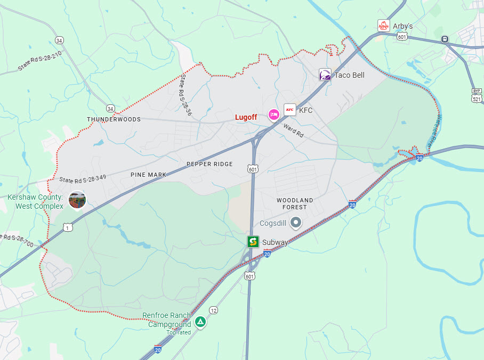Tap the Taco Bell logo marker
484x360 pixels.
pyautogui.click(x=325, y=75)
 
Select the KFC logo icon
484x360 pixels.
pyautogui.click(x=290, y=110)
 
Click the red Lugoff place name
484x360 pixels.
pyautogui.click(x=246, y=117)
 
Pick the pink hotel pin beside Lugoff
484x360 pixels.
pyautogui.click(x=273, y=114)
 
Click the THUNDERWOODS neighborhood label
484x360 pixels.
pyautogui.click(x=114, y=119)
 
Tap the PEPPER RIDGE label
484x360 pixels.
pyautogui.click(x=209, y=164)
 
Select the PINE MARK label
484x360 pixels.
pyautogui.click(x=148, y=174)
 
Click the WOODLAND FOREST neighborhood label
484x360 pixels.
pyautogui.click(x=295, y=203)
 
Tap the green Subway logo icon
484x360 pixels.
pyautogui.click(x=253, y=242)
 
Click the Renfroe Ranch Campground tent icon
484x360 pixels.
pyautogui.click(x=200, y=322)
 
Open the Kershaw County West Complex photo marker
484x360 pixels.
pyautogui.click(x=77, y=200)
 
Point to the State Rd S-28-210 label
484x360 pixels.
pyautogui.click(x=40, y=62)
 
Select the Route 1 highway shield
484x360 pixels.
pyautogui.click(x=67, y=227)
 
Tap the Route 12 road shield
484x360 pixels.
pyautogui.click(x=213, y=310)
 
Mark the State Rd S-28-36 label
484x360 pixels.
pyautogui.click(x=185, y=95)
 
